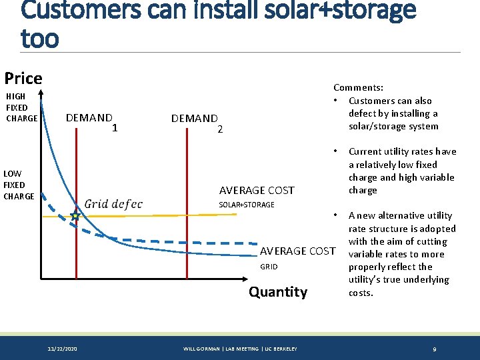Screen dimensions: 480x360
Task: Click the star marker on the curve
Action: click(75, 217)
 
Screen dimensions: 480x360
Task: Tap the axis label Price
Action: click(23, 78)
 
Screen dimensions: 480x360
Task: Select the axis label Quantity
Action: click(278, 291)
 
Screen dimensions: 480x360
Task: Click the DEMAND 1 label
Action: click(92, 121)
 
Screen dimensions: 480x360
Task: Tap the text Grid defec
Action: click(113, 204)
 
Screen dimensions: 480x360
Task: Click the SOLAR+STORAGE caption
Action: click(247, 205)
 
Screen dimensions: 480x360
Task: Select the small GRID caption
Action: click(269, 267)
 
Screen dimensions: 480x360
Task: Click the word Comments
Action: click(357, 87)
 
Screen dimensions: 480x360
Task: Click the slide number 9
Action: click(434, 349)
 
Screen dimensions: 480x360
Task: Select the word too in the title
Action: click(39, 38)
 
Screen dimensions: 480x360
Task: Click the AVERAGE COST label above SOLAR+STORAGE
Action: click(257, 191)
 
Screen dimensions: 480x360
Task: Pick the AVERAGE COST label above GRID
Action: click(297, 251)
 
